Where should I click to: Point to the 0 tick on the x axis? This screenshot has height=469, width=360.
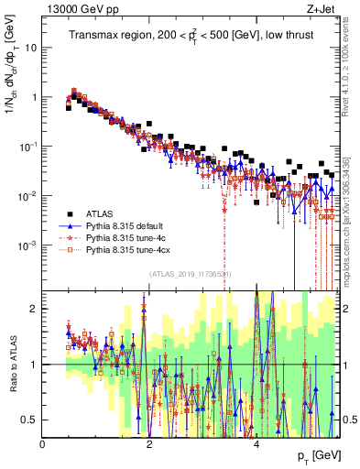43,444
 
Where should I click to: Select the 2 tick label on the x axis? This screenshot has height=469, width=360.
150,444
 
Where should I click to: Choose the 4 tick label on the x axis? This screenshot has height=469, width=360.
256,444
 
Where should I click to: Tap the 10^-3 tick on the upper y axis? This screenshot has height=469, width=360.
27,245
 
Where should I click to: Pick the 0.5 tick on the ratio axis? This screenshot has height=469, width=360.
30,420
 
